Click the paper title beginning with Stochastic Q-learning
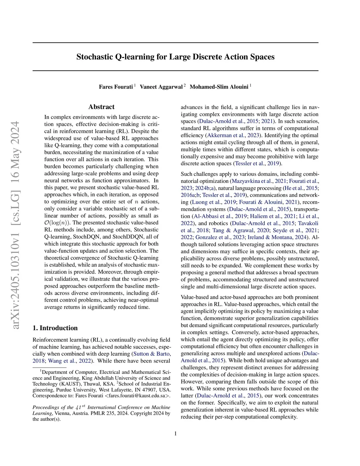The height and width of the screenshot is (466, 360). (175, 57)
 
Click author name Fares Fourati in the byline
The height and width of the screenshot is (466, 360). (116, 87)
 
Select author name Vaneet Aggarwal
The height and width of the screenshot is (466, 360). (161, 87)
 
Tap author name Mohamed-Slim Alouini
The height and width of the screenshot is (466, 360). (219, 87)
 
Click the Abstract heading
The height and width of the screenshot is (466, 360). (101, 107)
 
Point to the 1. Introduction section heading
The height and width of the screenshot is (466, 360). (55, 328)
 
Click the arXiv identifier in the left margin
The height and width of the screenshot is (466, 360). (16, 225)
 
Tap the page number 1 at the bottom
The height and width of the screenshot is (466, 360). (175, 433)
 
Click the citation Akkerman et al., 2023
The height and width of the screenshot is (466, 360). (232, 135)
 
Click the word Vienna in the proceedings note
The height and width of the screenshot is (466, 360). (61, 413)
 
